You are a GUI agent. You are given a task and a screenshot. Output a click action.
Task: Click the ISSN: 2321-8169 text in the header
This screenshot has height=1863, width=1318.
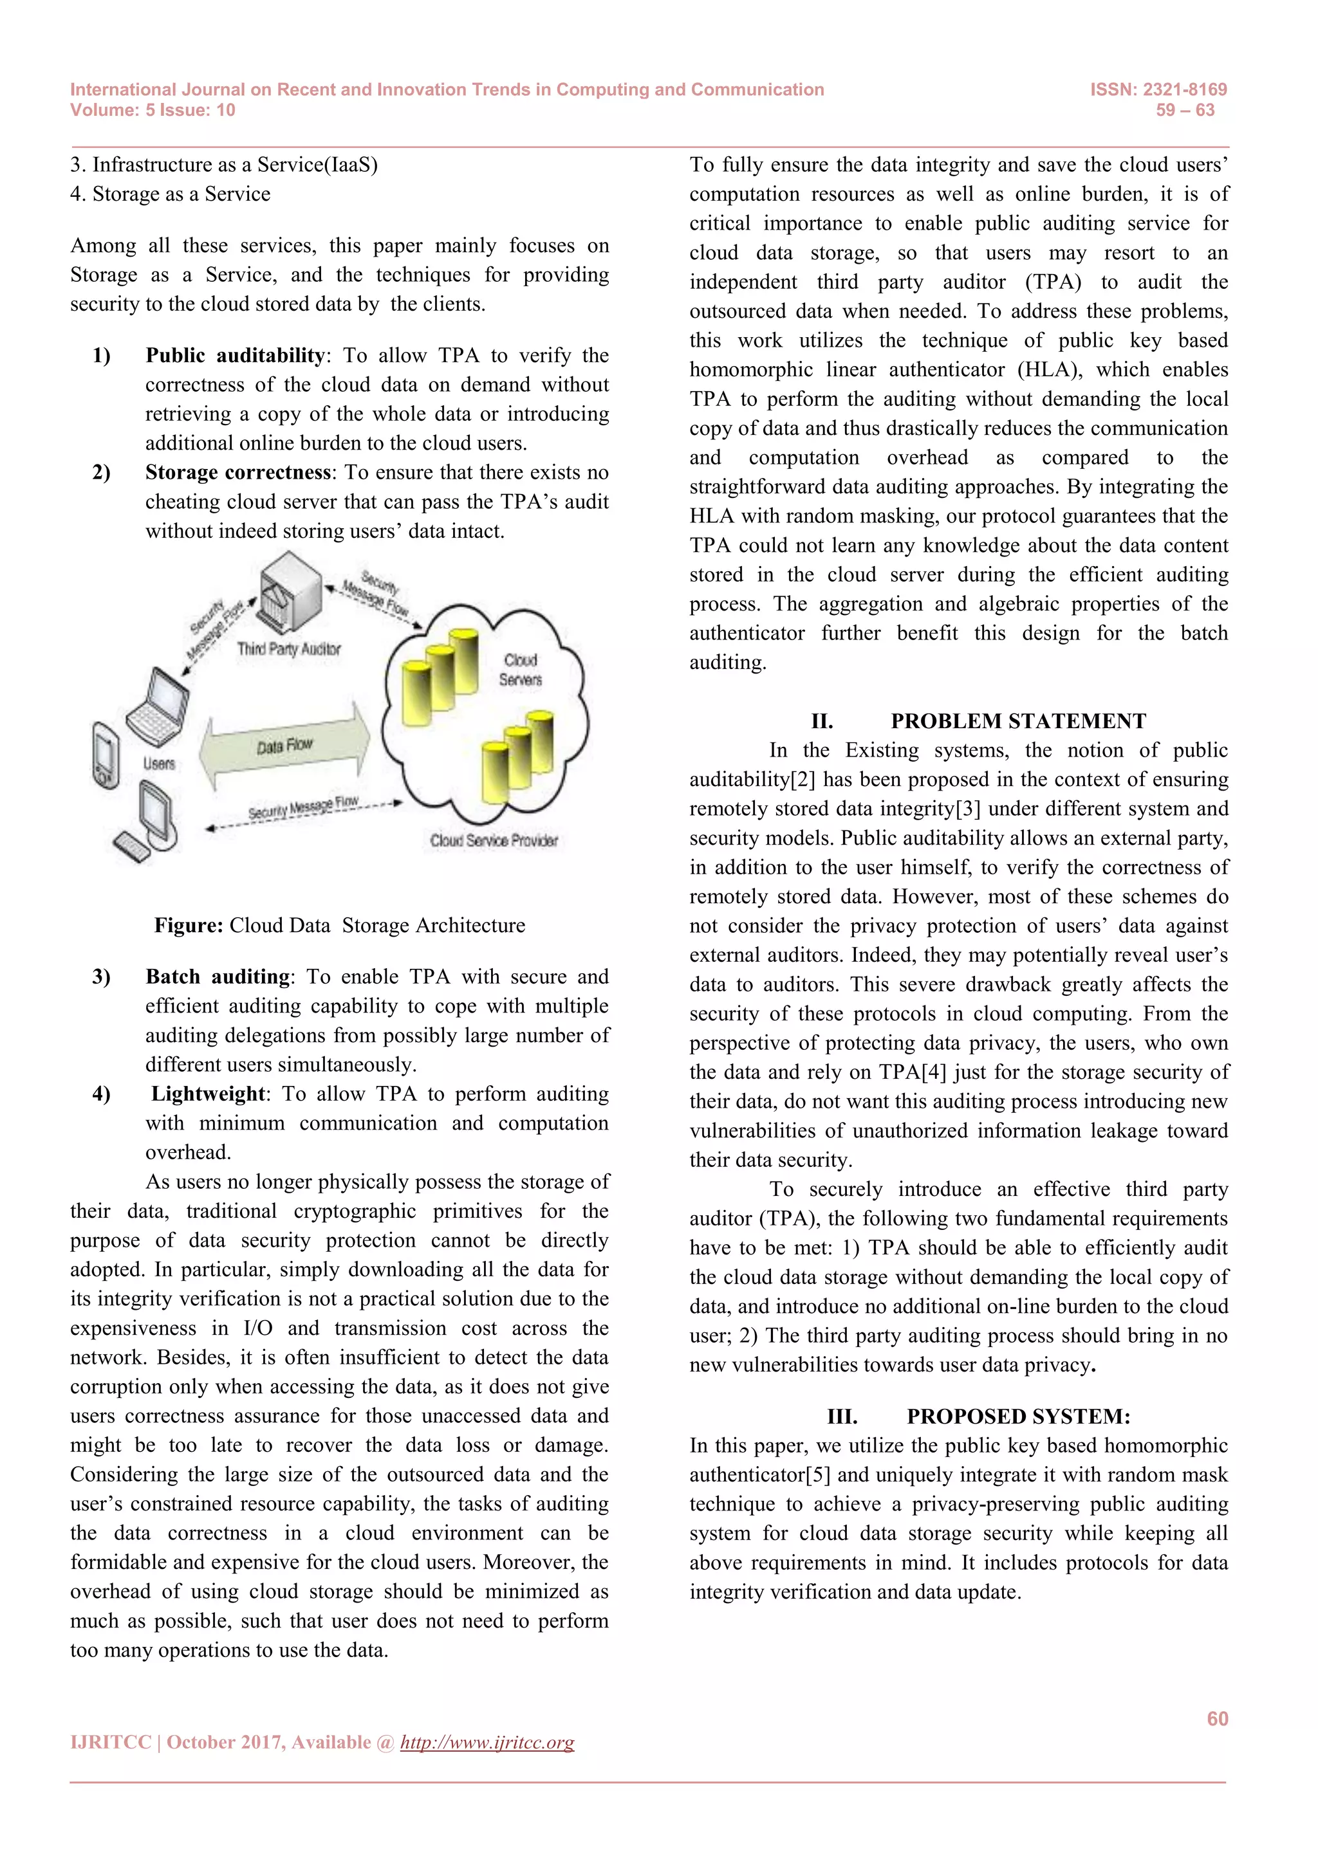1158,90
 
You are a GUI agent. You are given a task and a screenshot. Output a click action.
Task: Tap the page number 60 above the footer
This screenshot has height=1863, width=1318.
1216,1718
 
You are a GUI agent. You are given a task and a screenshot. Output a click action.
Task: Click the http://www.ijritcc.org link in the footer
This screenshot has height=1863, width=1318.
487,1742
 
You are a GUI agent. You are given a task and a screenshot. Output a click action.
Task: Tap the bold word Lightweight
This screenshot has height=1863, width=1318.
208,1094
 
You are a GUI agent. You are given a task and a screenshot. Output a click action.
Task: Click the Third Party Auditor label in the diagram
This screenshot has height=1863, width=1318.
289,649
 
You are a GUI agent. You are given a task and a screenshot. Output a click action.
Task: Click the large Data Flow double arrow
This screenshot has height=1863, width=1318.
285,745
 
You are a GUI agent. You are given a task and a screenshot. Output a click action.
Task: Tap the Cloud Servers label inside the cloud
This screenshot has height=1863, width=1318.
520,670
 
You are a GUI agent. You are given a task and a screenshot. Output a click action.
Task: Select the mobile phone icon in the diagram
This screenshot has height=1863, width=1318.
106,754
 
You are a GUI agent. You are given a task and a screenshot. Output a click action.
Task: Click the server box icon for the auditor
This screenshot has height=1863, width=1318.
290,592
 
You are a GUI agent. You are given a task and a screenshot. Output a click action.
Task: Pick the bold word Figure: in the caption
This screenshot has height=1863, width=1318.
189,925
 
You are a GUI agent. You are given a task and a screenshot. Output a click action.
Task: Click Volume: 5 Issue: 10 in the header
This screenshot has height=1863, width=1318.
153,111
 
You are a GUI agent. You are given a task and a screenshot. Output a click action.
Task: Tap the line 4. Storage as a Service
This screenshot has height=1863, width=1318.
171,194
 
